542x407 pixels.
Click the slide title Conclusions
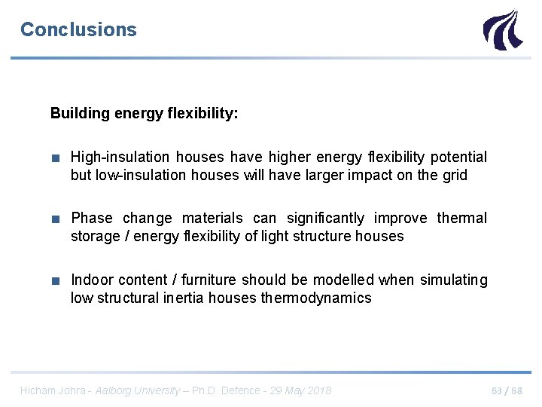click(x=78, y=29)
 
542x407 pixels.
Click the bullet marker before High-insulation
click(x=56, y=158)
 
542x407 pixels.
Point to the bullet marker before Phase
click(x=56, y=219)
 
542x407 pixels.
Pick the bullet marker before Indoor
click(x=56, y=280)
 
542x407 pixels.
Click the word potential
click(x=458, y=157)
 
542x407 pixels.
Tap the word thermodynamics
click(x=316, y=298)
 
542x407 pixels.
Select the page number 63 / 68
click(x=506, y=390)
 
